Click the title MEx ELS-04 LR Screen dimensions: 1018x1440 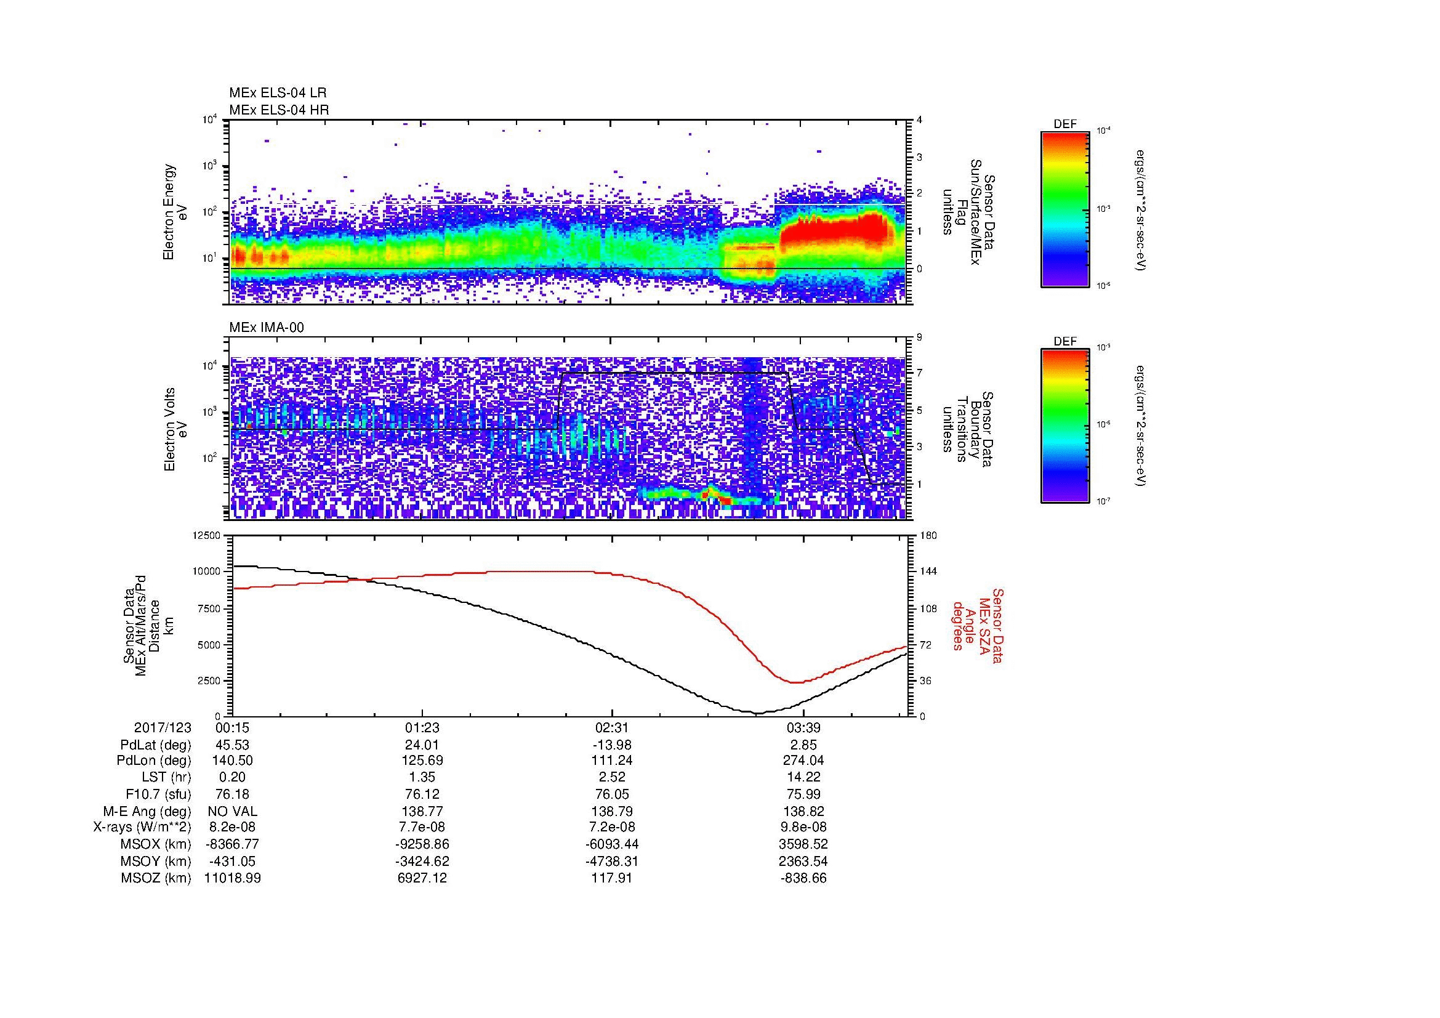point(277,93)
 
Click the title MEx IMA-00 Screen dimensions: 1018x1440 point(267,328)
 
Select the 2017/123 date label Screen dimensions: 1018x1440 point(163,727)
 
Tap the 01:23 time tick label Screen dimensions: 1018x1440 point(422,727)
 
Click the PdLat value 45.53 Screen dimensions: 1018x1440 point(232,745)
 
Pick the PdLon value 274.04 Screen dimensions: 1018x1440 point(803,760)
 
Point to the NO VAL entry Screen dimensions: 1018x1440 point(232,811)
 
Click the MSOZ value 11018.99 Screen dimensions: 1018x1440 point(232,878)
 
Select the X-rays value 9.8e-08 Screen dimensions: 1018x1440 point(803,827)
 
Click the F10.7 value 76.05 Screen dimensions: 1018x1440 point(611,794)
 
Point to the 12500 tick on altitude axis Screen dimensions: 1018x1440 point(207,535)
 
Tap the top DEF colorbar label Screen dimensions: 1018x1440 point(1065,124)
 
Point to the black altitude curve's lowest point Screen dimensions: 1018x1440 point(757,713)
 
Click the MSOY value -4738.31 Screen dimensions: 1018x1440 point(611,861)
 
